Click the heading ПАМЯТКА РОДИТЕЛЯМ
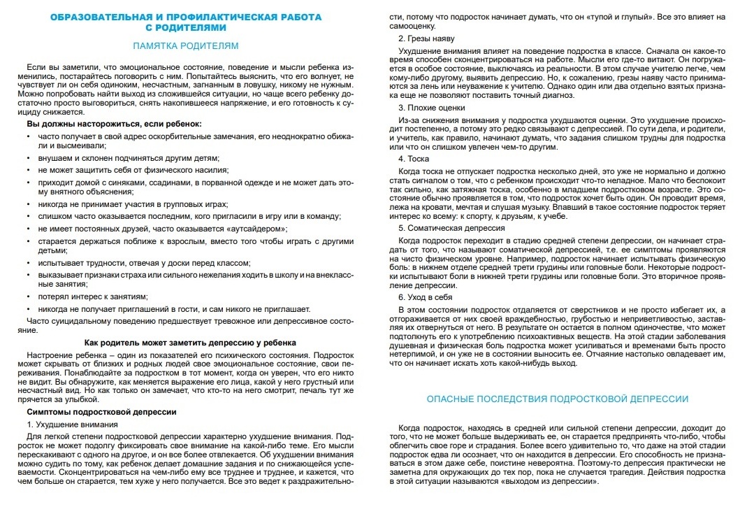[x=186, y=46]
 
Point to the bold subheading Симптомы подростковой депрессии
[x=101, y=413]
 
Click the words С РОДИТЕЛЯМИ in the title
[x=186, y=27]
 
